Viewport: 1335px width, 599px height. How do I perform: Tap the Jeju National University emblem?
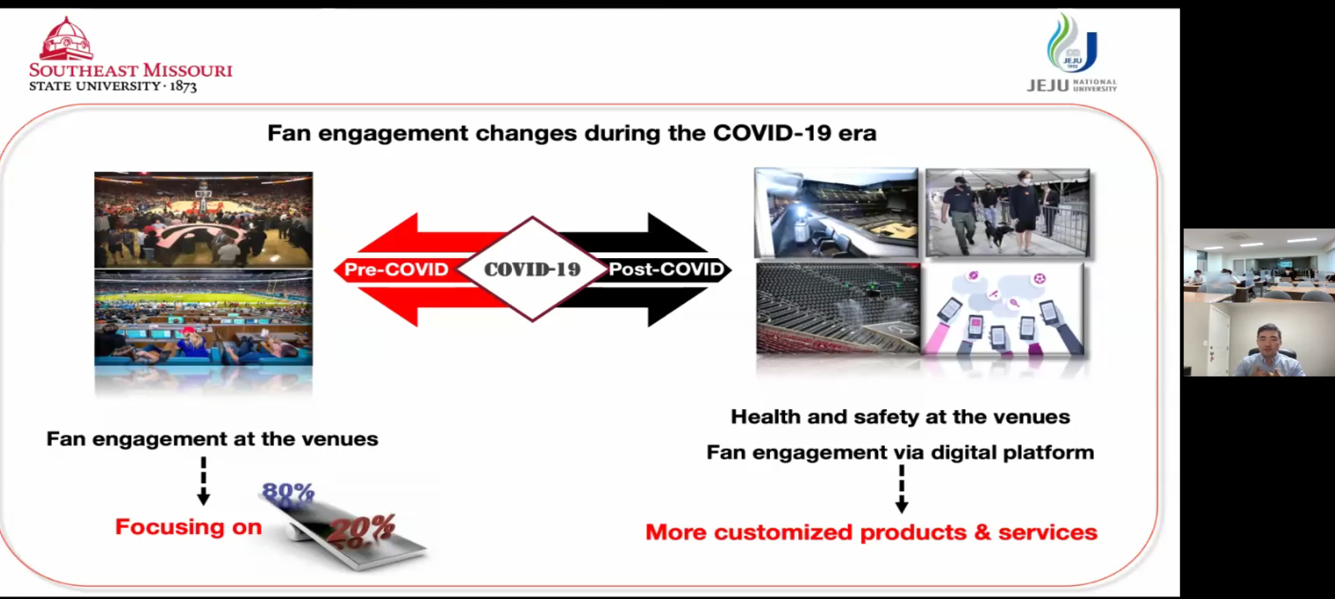pos(1072,43)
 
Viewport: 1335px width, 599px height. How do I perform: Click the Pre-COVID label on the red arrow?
pos(396,269)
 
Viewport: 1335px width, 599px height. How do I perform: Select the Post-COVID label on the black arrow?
pos(666,269)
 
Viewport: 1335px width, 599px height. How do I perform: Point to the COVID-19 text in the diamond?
pos(532,269)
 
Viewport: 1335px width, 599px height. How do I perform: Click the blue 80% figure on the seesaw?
pos(288,492)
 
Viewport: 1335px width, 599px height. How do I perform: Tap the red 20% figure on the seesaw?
pos(362,529)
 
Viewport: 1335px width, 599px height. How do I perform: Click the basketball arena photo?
pos(203,220)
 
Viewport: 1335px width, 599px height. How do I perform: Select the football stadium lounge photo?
pos(203,318)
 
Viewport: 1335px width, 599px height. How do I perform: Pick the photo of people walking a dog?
pos(1007,213)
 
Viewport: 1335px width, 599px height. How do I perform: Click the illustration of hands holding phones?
pos(1003,309)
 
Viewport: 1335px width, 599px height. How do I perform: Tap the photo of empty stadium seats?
pos(838,309)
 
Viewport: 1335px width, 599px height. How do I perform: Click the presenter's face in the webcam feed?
pos(1268,340)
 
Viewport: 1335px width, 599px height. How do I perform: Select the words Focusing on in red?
pos(189,526)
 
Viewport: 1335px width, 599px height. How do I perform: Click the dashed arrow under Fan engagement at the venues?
pos(203,481)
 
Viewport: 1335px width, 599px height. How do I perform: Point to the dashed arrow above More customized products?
pos(901,489)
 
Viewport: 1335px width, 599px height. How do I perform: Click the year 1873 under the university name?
pos(183,86)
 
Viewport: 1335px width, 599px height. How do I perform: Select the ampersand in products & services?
pos(982,532)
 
